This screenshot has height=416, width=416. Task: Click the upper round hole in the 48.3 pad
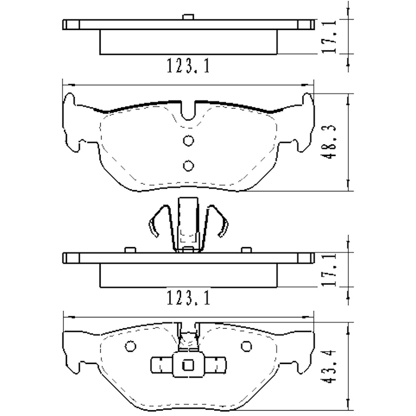[x=188, y=141]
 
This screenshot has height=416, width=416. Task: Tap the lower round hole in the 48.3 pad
[x=188, y=166]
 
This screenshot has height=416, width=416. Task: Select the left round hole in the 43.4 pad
[x=130, y=346]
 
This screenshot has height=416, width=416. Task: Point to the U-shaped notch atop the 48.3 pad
[x=188, y=111]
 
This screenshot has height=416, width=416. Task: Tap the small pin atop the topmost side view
[x=188, y=17]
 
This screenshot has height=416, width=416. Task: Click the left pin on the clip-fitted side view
[x=130, y=250]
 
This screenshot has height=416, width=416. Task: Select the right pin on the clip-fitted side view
[x=247, y=250]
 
